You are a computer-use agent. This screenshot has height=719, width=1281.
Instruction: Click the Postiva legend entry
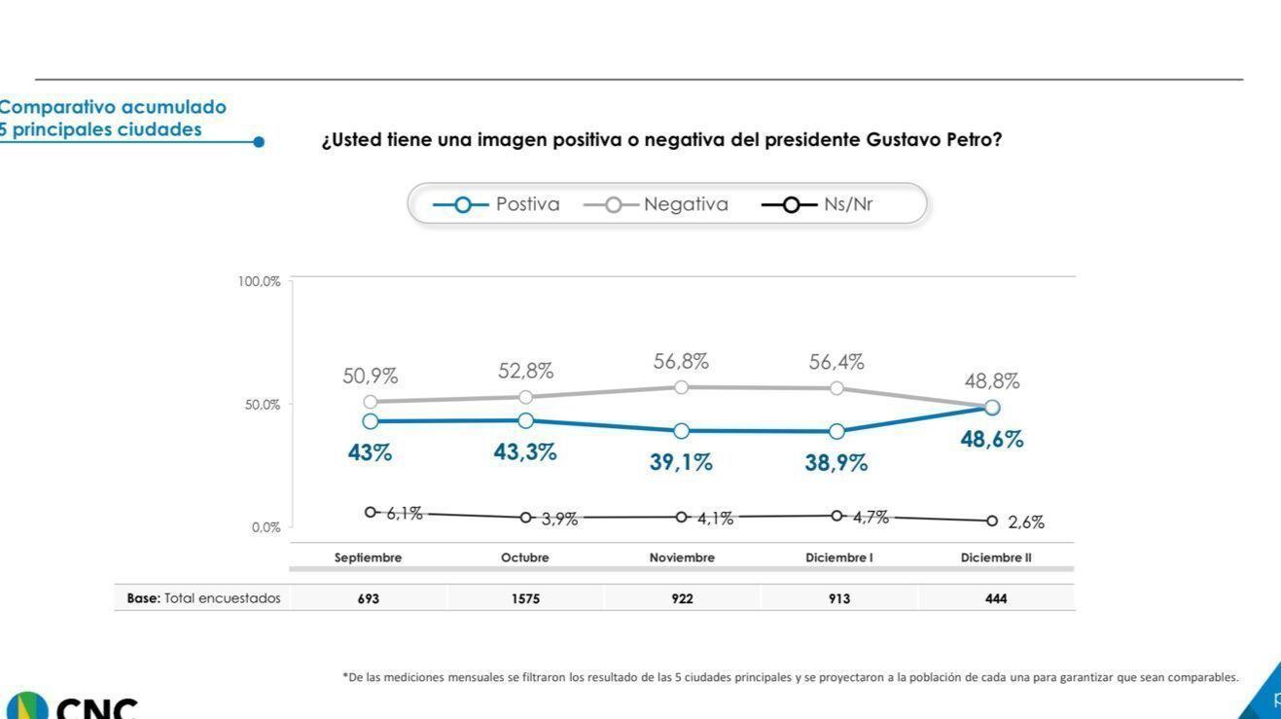pyautogui.click(x=497, y=204)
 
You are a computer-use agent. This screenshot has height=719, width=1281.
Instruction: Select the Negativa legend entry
pyautogui.click(x=657, y=204)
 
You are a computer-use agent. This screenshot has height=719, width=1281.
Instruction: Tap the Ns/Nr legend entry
pyautogui.click(x=818, y=204)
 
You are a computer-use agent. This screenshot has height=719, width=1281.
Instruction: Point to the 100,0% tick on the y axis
pyautogui.click(x=259, y=281)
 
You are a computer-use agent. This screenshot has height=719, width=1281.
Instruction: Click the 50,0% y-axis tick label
pyautogui.click(x=262, y=405)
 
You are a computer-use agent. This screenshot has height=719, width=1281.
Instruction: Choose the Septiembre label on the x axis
pyautogui.click(x=368, y=557)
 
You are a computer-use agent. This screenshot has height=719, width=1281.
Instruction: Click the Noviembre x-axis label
pyautogui.click(x=682, y=557)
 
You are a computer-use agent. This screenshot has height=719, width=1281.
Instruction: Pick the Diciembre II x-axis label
pyautogui.click(x=995, y=557)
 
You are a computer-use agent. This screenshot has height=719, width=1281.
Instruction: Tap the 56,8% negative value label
pyautogui.click(x=681, y=361)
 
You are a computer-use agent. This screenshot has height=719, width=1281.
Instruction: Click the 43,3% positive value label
pyautogui.click(x=525, y=452)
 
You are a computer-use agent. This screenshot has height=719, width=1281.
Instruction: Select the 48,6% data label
pyautogui.click(x=992, y=439)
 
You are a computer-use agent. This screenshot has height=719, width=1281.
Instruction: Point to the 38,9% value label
pyautogui.click(x=836, y=463)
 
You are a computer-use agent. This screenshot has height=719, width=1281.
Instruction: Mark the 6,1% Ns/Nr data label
pyautogui.click(x=405, y=514)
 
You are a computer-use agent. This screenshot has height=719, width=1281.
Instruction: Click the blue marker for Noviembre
pyautogui.click(x=682, y=431)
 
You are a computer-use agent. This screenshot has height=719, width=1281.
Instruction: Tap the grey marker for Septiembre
pyautogui.click(x=371, y=402)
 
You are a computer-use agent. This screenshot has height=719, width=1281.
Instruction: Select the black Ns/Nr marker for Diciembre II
pyautogui.click(x=992, y=521)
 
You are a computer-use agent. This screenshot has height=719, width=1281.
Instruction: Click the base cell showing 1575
pyautogui.click(x=525, y=598)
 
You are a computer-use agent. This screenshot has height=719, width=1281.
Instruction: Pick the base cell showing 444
pyautogui.click(x=996, y=598)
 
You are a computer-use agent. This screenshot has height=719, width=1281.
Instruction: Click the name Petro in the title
pyautogui.click(x=974, y=140)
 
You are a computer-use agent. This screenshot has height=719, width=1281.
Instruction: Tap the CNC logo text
pyautogui.click(x=96, y=707)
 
